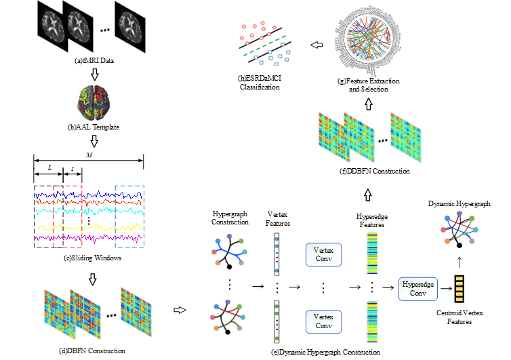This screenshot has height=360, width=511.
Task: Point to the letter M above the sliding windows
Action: [x=89, y=154]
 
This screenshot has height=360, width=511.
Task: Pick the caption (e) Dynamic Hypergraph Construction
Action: [x=324, y=353]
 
